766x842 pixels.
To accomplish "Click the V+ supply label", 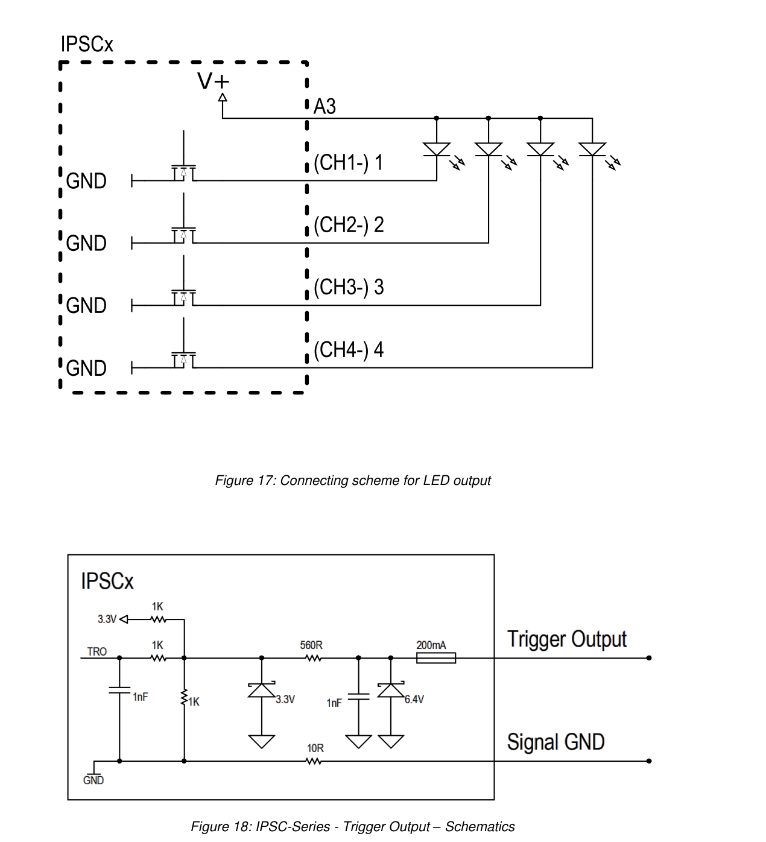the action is pyautogui.click(x=214, y=81).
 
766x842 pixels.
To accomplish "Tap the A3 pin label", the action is pyautogui.click(x=324, y=106).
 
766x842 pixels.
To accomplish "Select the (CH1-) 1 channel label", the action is pyautogui.click(x=349, y=162).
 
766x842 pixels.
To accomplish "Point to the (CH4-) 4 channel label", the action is pyautogui.click(x=349, y=350).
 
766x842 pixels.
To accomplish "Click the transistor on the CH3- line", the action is pyautogui.click(x=183, y=297).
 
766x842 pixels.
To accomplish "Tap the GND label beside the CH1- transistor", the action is pyautogui.click(x=86, y=182).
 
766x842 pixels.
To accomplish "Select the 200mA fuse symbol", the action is pyautogui.click(x=435, y=657).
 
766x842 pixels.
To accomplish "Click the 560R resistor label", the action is pyautogui.click(x=311, y=645).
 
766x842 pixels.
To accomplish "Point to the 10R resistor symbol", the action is pyautogui.click(x=314, y=761).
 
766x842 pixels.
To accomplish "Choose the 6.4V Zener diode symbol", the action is pyautogui.click(x=390, y=690).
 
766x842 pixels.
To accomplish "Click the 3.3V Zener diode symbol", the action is pyautogui.click(x=262, y=690).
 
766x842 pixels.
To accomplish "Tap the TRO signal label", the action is pyautogui.click(x=97, y=651).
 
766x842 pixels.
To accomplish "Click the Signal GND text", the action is pyautogui.click(x=556, y=742).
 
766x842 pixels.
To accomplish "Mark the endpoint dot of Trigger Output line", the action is pyautogui.click(x=649, y=657).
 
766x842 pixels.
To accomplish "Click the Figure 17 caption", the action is pyautogui.click(x=353, y=480).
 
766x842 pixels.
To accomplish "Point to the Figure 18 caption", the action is pyautogui.click(x=353, y=826).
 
